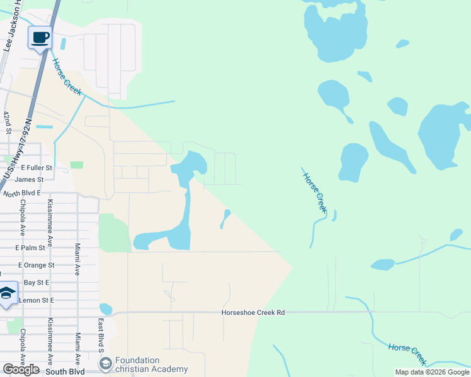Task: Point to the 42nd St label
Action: point(7,124)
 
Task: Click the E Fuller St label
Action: point(36,168)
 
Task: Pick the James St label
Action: point(29,180)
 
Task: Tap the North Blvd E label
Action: point(22,194)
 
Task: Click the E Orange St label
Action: point(35,265)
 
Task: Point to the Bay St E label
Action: point(38,283)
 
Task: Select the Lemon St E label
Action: point(37,300)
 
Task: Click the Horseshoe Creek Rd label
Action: point(253,312)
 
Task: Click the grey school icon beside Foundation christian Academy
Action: point(105,364)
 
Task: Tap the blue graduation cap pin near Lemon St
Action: point(7,293)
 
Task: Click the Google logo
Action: point(21,369)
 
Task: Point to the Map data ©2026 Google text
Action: point(432,372)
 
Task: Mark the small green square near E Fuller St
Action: point(77,165)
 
